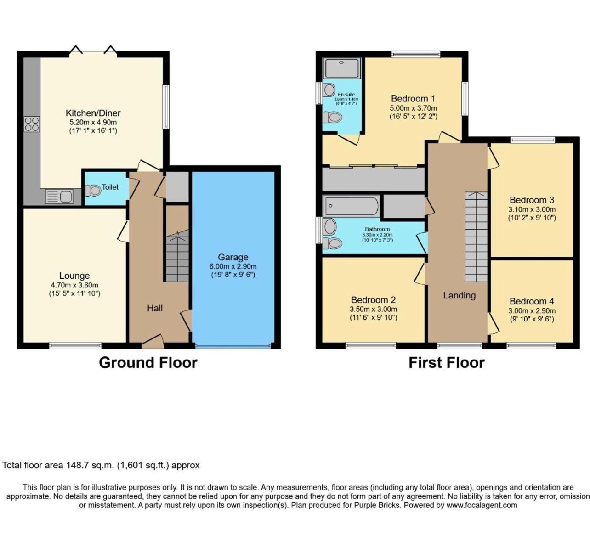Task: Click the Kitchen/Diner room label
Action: tap(93, 113)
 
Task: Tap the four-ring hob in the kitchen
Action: tap(32, 124)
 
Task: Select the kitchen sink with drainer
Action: tap(59, 197)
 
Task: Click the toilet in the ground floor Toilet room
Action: tap(93, 191)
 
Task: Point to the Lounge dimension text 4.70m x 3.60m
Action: tap(74, 285)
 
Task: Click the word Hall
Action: tap(155, 308)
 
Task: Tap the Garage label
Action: tap(233, 257)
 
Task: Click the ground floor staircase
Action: tap(177, 256)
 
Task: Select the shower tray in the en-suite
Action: tap(341, 68)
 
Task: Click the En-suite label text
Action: tap(346, 95)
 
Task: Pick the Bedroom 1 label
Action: tap(413, 98)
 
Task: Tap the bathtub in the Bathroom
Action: tap(351, 206)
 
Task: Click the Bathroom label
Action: tap(377, 229)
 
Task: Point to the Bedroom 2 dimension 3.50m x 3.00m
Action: tap(373, 309)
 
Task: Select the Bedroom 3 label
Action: tap(532, 200)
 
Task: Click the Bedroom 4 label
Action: tap(532, 301)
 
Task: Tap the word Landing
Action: tap(460, 295)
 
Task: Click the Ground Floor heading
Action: tap(148, 362)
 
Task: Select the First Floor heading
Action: tap(447, 362)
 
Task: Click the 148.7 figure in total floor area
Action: tap(76, 465)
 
